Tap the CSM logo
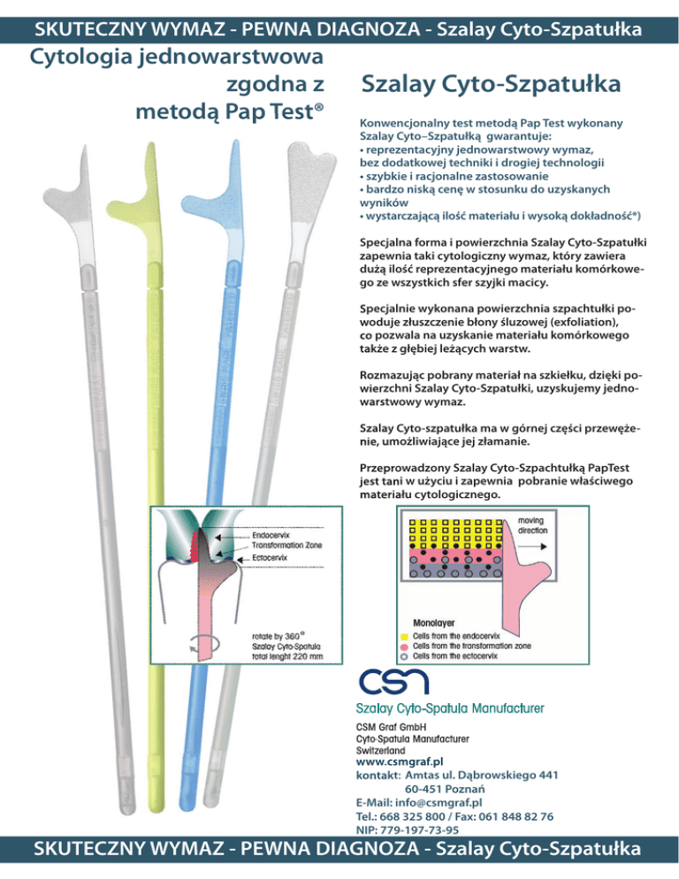pos(393,682)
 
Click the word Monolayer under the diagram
pos(434,621)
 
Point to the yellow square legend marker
pos(403,634)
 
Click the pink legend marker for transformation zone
pos(403,646)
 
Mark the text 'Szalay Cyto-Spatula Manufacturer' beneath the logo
pos(449,707)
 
